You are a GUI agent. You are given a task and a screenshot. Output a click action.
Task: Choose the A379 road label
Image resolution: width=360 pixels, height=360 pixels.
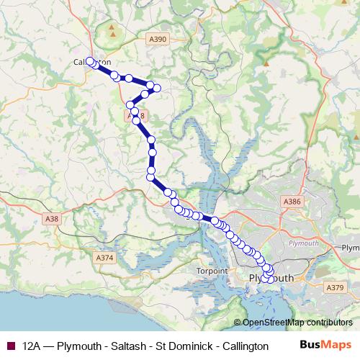[x=335, y=288]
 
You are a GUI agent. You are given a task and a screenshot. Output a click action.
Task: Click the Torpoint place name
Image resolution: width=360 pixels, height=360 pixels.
[x=212, y=271]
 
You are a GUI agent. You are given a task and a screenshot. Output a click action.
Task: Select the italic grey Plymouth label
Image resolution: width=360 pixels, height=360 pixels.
[x=302, y=243]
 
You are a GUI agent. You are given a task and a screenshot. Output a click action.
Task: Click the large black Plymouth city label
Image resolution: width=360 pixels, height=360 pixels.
[x=271, y=278]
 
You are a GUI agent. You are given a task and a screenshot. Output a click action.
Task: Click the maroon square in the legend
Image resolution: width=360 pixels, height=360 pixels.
[x=10, y=346]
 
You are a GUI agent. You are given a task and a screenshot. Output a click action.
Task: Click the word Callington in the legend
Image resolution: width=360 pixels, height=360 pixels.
[x=243, y=346]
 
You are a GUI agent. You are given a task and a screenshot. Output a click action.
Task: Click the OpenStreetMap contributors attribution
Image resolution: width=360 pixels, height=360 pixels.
[x=293, y=323]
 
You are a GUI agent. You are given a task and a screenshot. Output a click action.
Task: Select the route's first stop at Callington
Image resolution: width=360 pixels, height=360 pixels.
[x=91, y=61]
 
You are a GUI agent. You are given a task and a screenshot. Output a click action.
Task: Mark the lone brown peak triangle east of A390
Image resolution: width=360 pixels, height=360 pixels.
[x=266, y=63]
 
